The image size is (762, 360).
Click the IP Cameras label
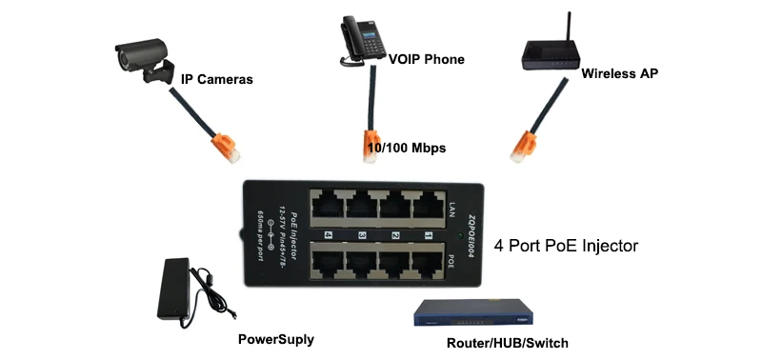pos(217,79)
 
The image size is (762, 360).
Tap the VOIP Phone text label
pos(426,59)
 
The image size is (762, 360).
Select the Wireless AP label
pos(619,72)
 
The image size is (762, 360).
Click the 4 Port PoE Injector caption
pos(566,246)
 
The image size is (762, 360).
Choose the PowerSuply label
pos(275,339)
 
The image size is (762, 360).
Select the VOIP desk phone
pos(358,42)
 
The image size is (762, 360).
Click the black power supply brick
pos(182,291)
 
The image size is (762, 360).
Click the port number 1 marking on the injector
pos(429,234)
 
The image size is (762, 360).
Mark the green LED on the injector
pos(460,235)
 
